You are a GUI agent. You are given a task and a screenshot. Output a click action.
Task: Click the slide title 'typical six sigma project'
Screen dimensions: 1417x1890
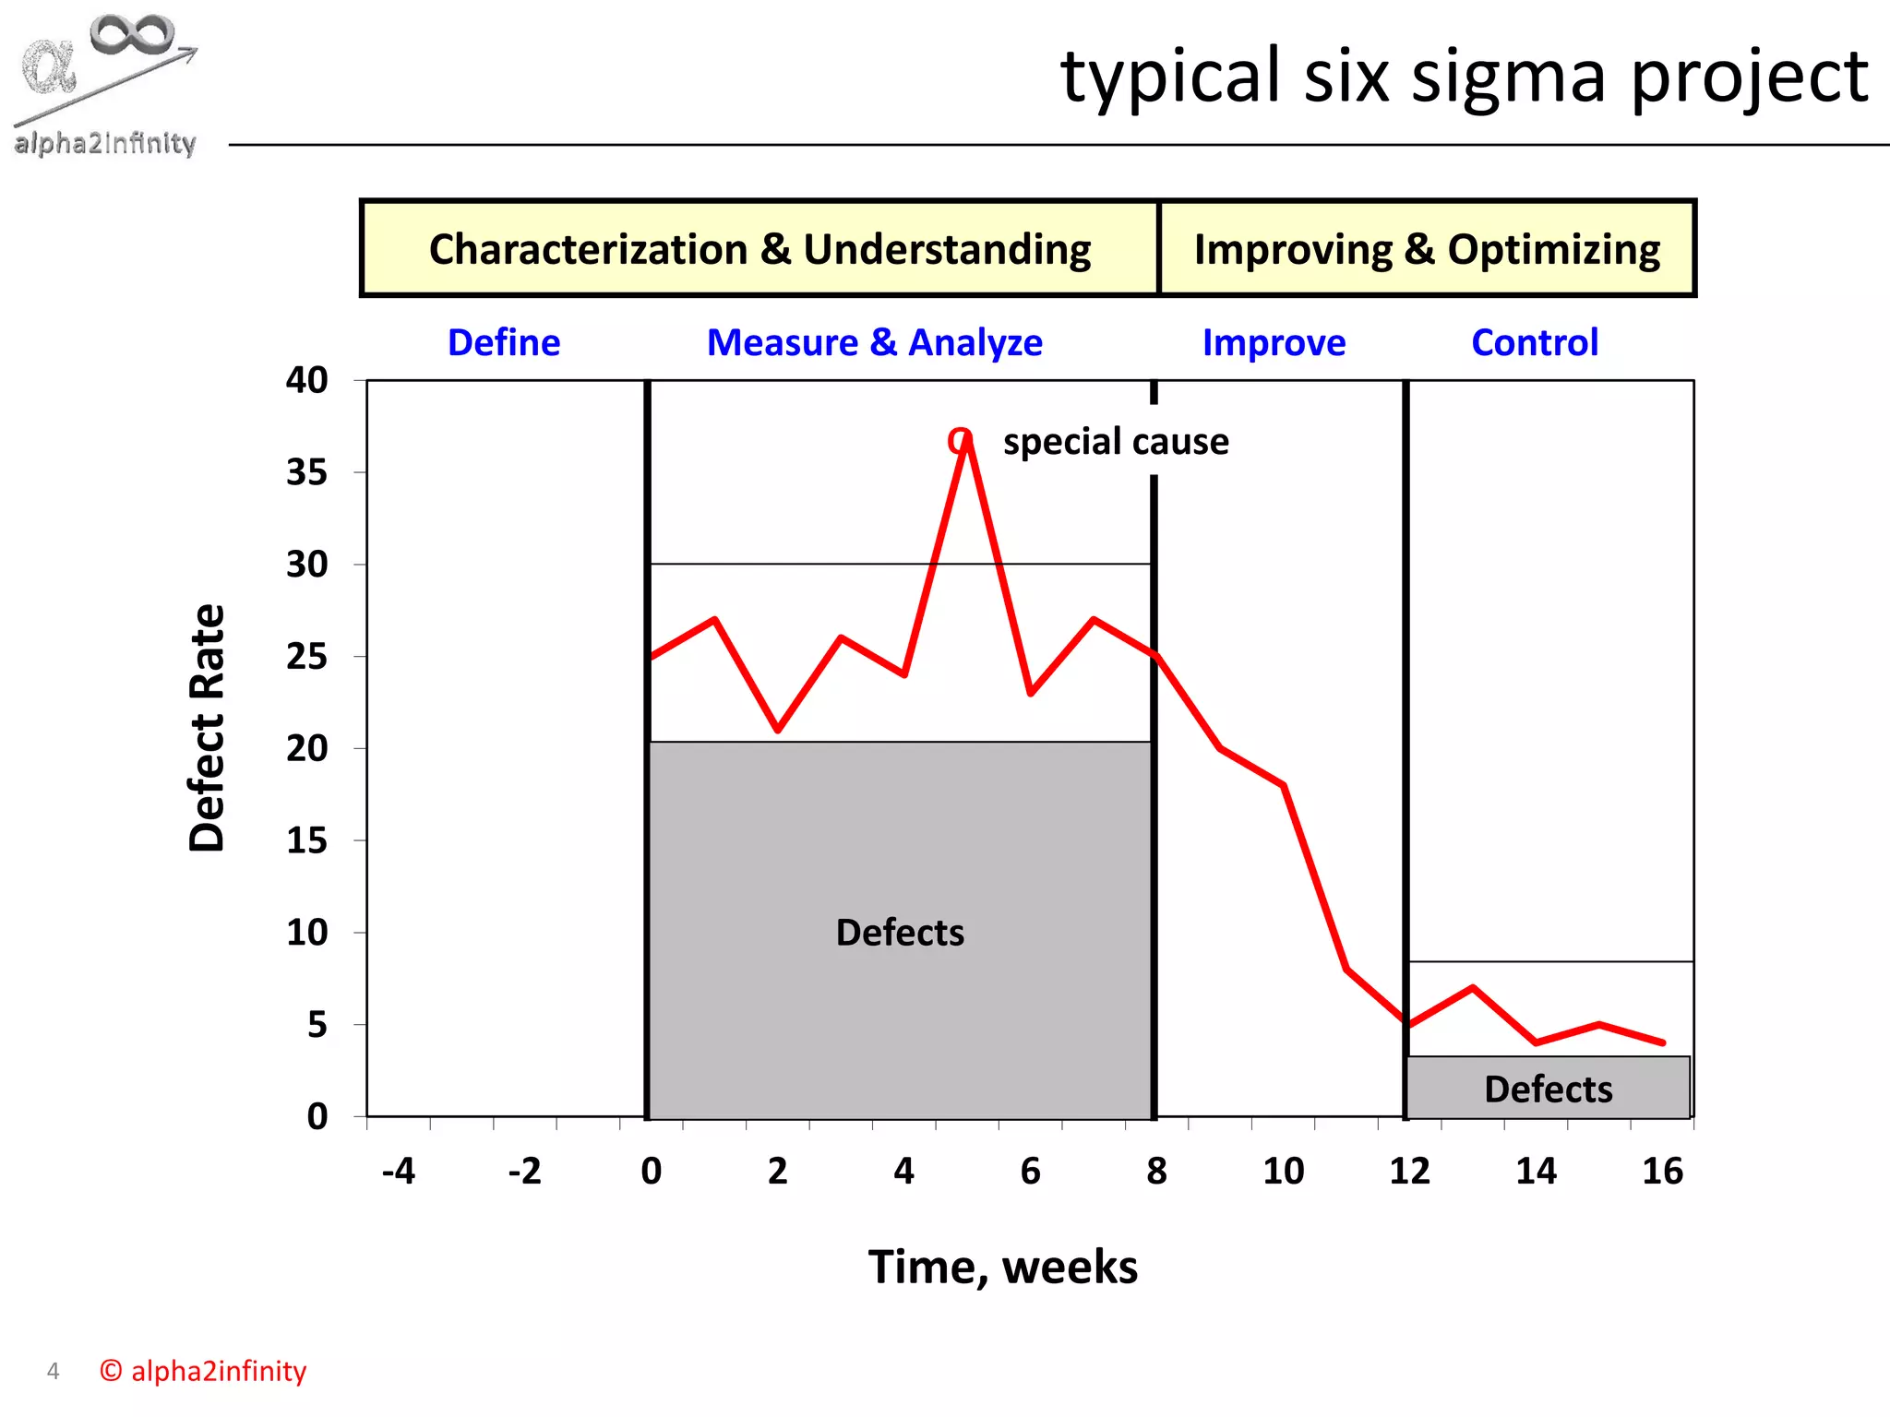[x=1464, y=77]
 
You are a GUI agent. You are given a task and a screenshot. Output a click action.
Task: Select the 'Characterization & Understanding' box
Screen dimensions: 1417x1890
[x=760, y=249]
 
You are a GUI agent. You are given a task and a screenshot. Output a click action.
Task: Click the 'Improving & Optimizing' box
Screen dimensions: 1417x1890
[x=1427, y=249]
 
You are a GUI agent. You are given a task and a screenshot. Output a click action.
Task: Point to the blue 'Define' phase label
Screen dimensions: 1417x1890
[x=504, y=342]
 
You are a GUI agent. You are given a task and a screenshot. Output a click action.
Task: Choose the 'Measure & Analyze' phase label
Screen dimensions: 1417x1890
[x=874, y=342]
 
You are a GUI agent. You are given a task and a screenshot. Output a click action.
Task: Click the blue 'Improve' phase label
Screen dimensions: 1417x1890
[x=1274, y=342]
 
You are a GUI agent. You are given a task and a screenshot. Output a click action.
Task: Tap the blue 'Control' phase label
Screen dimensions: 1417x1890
[x=1535, y=342]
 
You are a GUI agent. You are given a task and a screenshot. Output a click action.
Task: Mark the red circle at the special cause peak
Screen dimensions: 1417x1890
[x=960, y=441]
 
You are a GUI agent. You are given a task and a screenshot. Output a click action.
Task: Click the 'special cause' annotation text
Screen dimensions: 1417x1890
[x=1116, y=441]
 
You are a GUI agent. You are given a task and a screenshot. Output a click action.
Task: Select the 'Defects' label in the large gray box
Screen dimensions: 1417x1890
[x=900, y=933]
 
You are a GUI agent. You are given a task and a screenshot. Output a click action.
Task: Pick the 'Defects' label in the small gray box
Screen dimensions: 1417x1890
[x=1548, y=1090]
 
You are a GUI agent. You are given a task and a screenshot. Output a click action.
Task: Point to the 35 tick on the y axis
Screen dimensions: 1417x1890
[x=306, y=472]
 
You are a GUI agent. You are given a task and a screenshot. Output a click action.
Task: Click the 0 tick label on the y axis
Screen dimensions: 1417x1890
[x=317, y=1117]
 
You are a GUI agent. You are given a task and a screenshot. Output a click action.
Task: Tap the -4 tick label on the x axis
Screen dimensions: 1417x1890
[x=399, y=1171]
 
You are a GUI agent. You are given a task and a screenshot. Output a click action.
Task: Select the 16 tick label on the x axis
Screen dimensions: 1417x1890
[x=1662, y=1171]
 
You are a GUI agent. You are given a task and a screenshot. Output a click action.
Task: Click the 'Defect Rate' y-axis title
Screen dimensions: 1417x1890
[x=207, y=728]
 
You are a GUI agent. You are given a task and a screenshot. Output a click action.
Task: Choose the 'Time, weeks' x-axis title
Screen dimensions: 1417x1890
[x=1002, y=1267]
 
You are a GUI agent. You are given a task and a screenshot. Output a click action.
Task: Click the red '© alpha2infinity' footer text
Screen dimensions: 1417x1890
[x=203, y=1371]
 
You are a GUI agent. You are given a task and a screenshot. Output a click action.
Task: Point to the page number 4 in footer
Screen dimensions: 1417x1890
[x=53, y=1372]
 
